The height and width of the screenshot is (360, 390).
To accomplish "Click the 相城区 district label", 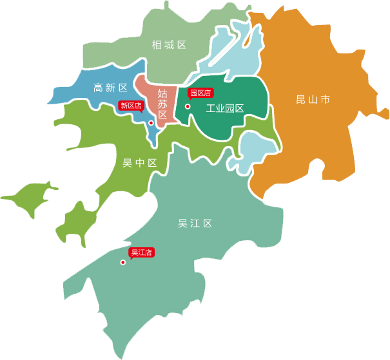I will point(169,45).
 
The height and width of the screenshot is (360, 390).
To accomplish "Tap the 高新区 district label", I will point(110,88).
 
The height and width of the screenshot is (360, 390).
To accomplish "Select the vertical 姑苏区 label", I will point(162,104).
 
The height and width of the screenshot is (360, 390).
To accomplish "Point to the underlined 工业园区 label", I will point(224,108).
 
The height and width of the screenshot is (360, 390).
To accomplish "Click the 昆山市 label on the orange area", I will point(313,100).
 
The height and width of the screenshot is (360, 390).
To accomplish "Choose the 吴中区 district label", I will point(140,163).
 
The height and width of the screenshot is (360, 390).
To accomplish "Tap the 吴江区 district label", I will point(195,223).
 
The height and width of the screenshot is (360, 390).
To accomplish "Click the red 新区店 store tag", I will point(131,106).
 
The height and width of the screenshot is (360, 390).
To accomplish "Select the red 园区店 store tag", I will point(200,93).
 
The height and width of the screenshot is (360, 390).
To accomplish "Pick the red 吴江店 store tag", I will point(141,252).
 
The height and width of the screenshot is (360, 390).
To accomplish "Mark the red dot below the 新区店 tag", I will point(151,122).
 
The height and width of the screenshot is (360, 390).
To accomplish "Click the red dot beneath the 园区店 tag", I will point(188,107).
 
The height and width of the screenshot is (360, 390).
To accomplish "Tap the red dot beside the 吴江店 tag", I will point(122,262).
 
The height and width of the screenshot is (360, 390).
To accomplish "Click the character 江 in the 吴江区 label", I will point(195,223).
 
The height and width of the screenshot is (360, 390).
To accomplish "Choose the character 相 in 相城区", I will point(157,45).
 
